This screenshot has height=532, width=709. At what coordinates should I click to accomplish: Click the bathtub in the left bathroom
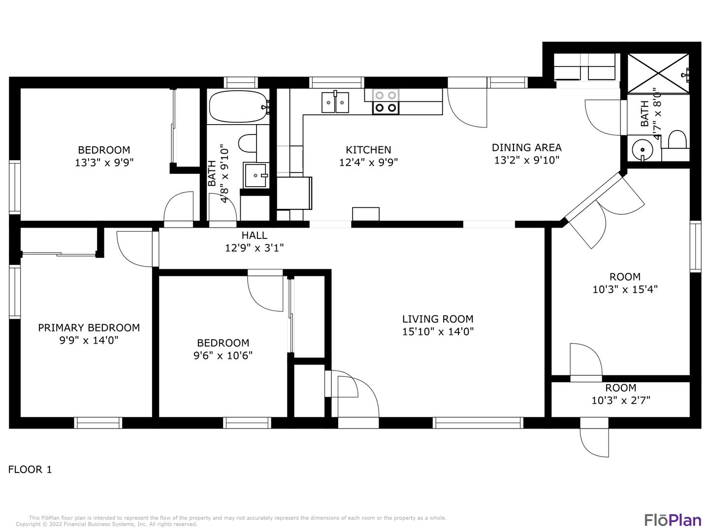[239, 106]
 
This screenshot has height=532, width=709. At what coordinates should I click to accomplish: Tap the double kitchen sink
[335, 102]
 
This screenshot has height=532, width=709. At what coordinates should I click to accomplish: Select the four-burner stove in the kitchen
[386, 102]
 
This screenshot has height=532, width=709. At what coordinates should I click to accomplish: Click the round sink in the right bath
[643, 150]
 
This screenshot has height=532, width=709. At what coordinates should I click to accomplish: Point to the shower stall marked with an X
[658, 74]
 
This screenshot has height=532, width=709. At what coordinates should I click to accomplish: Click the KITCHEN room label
[368, 150]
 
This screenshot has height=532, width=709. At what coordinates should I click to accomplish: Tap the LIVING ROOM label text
[438, 319]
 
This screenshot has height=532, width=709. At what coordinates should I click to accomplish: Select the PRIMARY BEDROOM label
[89, 328]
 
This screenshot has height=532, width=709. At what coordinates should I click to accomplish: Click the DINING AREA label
[526, 148]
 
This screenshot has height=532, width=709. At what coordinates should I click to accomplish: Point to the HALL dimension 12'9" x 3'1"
[254, 248]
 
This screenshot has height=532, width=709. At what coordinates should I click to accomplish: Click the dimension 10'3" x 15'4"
[625, 290]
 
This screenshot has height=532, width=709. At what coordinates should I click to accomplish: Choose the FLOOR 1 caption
[30, 469]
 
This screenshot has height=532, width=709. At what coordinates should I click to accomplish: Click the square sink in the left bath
[256, 175]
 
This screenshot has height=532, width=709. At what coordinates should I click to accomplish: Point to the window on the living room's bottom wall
[478, 423]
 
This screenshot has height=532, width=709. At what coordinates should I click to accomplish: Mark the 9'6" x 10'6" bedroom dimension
[223, 356]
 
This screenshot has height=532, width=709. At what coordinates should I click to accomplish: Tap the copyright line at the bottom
[106, 524]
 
